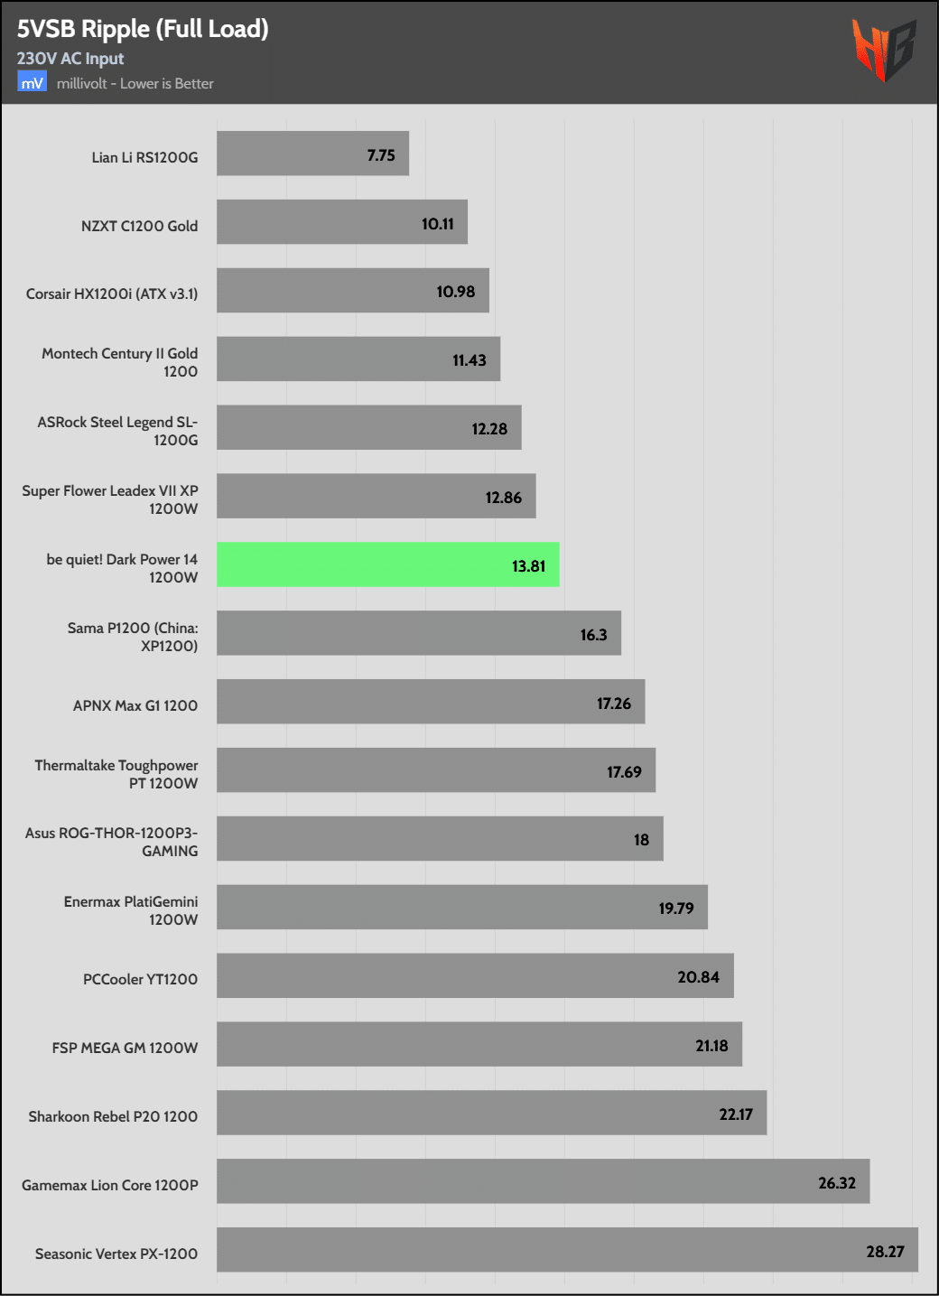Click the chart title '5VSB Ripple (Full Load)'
click(x=143, y=29)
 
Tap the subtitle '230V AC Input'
click(x=70, y=59)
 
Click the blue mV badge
click(x=32, y=83)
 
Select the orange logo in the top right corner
click(x=883, y=49)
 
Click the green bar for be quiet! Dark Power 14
click(x=387, y=564)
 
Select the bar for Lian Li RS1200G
click(x=312, y=154)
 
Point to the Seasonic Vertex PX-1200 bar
click(x=567, y=1250)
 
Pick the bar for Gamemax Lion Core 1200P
click(x=543, y=1181)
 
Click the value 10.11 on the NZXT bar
click(x=438, y=224)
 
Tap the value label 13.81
click(x=528, y=566)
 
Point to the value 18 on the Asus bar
click(x=641, y=840)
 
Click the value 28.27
click(x=885, y=1252)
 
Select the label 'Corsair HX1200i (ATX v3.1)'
click(x=112, y=294)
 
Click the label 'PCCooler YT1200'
click(x=140, y=979)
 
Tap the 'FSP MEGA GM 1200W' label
click(x=125, y=1048)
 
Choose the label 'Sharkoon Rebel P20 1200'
click(x=113, y=1116)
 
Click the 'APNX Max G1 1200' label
click(x=135, y=705)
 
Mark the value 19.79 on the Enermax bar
click(x=676, y=909)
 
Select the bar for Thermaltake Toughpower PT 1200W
click(x=436, y=770)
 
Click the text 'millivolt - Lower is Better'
click(x=135, y=84)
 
